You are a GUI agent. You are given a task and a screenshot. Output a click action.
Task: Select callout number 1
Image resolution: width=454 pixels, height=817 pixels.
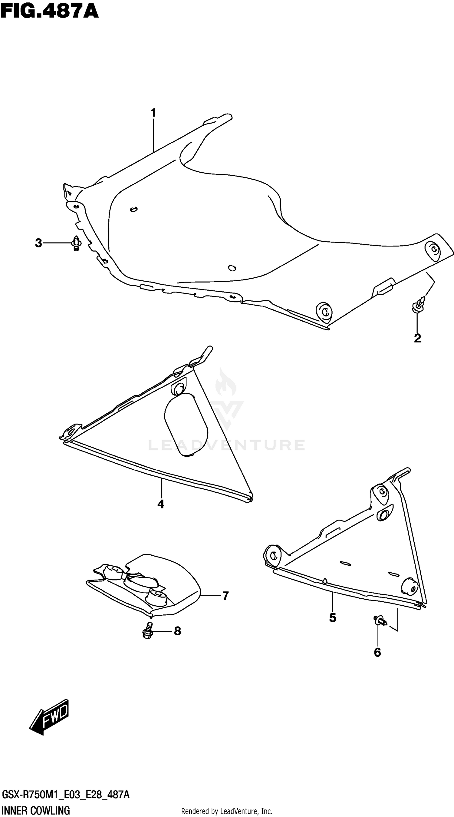point(153,113)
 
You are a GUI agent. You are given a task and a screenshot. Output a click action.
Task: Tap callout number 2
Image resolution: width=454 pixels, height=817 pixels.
point(417,339)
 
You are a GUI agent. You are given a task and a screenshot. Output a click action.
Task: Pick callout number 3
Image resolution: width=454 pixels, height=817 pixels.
point(38,243)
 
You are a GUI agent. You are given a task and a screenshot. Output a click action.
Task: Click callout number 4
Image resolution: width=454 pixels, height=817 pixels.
point(161,504)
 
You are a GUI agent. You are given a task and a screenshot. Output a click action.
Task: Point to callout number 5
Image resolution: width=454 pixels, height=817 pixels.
point(333,617)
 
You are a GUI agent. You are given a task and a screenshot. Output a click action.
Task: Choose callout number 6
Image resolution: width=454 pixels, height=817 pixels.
point(377,652)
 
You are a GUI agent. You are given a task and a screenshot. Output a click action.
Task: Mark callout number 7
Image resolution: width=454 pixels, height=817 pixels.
point(225,596)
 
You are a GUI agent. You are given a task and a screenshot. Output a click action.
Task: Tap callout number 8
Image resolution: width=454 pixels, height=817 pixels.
point(178,631)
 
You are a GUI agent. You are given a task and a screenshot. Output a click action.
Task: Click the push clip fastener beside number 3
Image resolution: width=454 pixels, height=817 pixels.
point(76,243)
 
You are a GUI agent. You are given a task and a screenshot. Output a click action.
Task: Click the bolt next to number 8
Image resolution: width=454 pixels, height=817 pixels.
point(147,630)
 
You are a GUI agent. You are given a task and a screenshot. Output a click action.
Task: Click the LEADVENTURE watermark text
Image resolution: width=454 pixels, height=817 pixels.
point(227,445)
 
